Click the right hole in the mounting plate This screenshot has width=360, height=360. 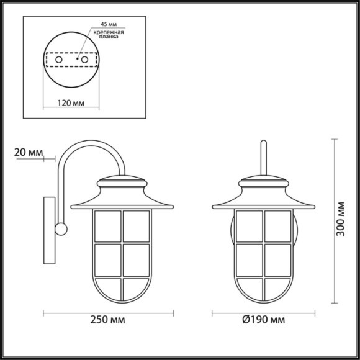83,60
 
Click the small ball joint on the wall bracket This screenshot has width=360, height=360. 61,229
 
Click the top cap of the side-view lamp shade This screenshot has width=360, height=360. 123,182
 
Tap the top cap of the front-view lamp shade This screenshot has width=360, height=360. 264,182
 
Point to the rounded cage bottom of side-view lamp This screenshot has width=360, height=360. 123,292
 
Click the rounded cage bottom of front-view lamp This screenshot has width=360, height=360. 264,292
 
